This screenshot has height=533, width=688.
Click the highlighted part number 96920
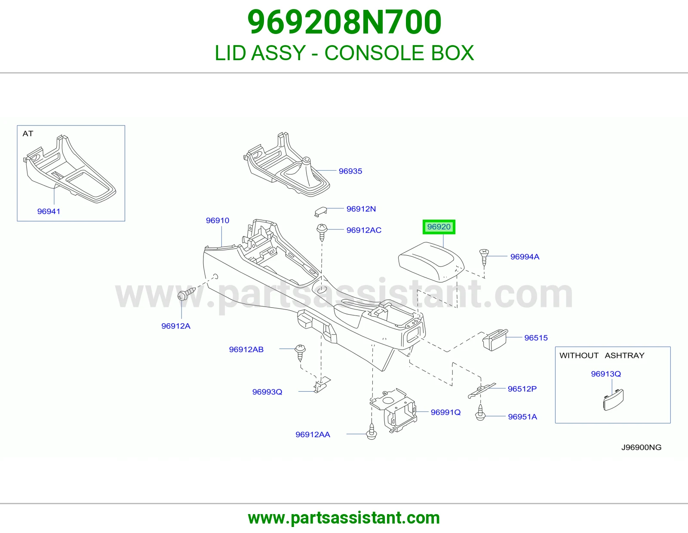439,227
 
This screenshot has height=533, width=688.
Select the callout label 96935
350,171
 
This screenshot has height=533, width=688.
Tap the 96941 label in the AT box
49,211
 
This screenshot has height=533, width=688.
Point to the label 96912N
361,209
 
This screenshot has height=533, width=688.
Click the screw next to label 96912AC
322,232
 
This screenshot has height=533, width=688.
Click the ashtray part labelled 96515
495,340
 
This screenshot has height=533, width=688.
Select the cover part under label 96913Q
613,400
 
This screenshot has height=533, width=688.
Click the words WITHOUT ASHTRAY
602,355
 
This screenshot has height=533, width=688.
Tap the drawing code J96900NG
641,447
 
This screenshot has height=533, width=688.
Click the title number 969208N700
344,22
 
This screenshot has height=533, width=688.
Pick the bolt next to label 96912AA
372,432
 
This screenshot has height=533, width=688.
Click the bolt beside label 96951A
480,413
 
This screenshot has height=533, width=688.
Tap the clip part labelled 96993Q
322,385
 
